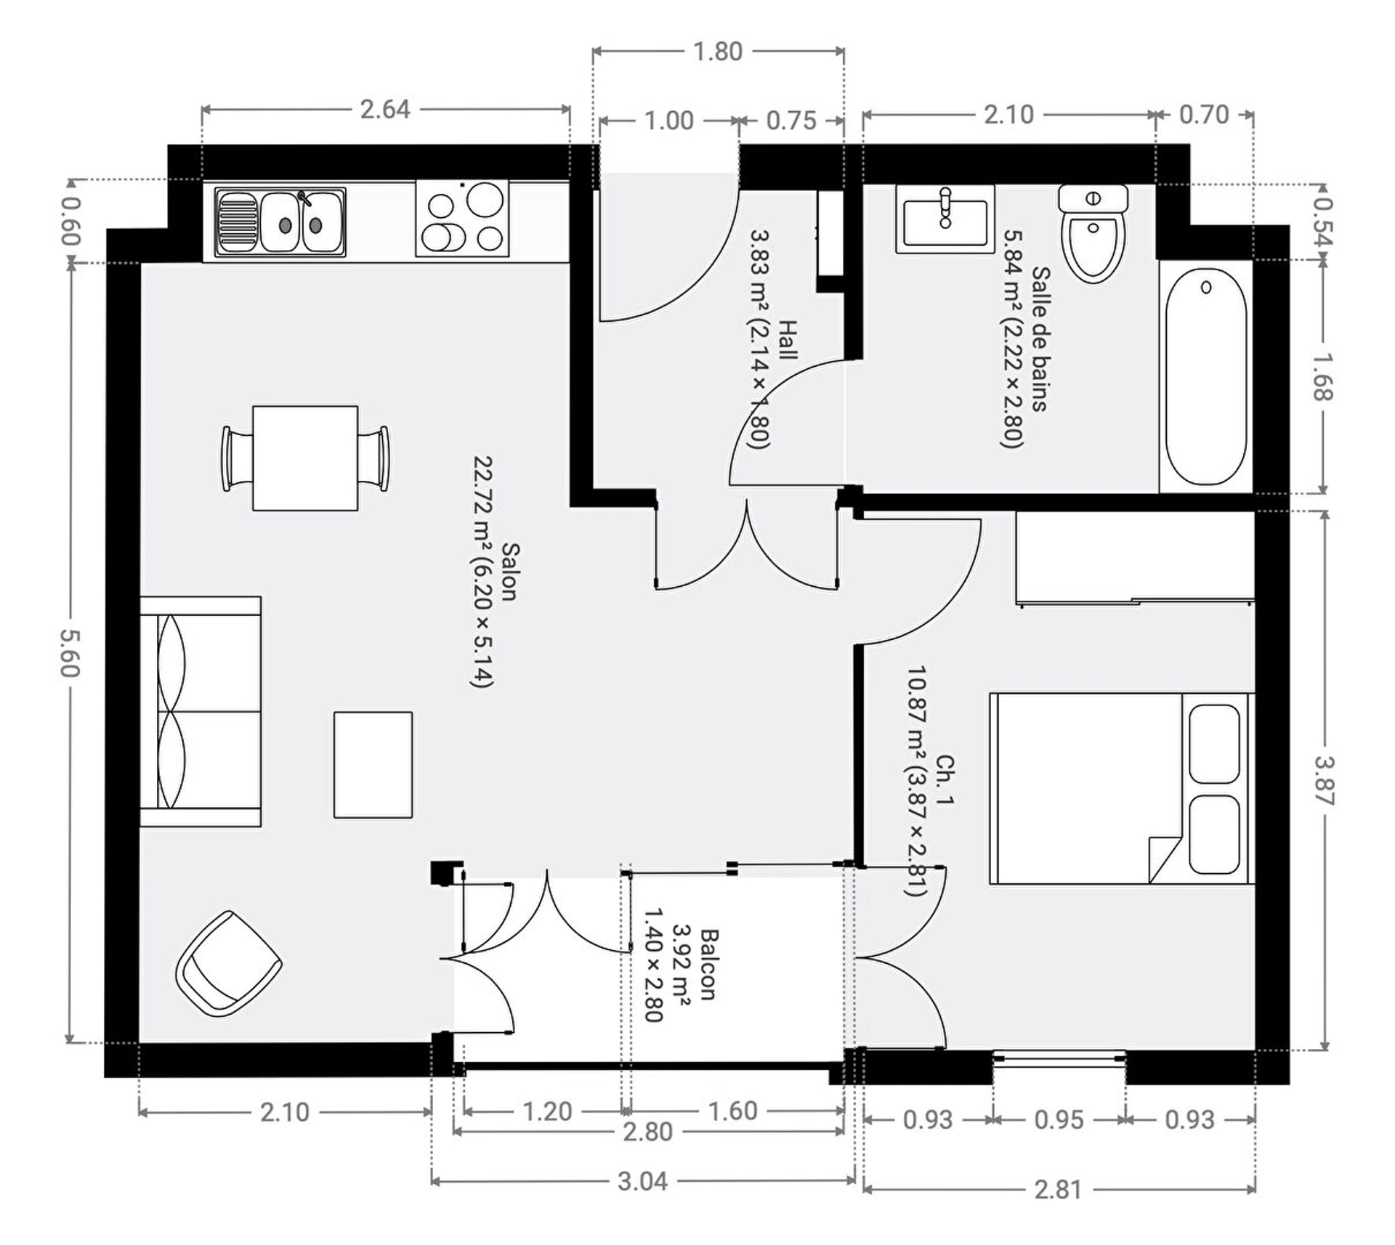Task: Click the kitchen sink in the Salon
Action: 280,222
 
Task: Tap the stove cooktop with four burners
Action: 462,218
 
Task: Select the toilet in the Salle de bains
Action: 1093,233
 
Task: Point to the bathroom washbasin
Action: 945,218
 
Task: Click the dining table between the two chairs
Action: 305,458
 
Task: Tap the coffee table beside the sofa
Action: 373,765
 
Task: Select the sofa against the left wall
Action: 200,712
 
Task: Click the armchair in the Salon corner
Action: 229,964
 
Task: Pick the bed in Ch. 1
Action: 1122,788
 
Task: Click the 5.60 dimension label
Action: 70,652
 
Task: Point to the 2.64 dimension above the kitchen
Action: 385,110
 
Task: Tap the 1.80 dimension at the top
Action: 717,52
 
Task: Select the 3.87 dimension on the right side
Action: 1324,781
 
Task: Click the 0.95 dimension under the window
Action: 1059,1119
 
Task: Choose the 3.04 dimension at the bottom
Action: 642,1181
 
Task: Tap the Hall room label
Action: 788,339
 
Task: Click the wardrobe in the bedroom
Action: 1135,558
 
